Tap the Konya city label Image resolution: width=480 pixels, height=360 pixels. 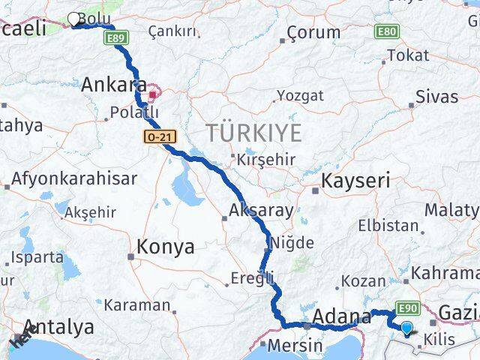tap(166, 247)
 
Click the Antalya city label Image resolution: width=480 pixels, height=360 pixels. tap(60, 327)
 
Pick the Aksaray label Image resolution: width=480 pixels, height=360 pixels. tap(261, 211)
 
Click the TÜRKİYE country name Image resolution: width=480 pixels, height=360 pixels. tap(254, 133)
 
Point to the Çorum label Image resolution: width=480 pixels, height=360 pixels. tap(310, 33)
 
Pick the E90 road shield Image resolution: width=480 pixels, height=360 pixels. tap(407, 307)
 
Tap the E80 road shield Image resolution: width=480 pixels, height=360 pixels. tap(387, 31)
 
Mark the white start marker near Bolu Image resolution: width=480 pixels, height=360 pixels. tap(74, 19)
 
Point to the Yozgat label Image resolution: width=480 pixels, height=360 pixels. tap(300, 95)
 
